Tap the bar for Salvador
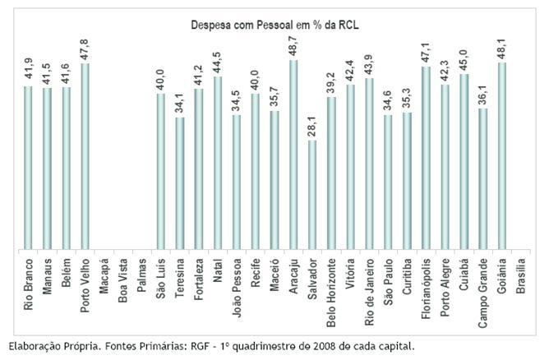pyautogui.click(x=312, y=195)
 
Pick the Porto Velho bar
pyautogui.click(x=85, y=156)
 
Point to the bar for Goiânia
pyautogui.click(x=501, y=156)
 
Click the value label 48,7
pyautogui.click(x=293, y=47)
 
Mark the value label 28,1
pyautogui.click(x=312, y=127)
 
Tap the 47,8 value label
pyautogui.click(x=85, y=49)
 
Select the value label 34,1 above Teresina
pyautogui.click(x=180, y=104)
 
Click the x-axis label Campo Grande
pyautogui.click(x=483, y=293)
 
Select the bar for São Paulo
pyautogui.click(x=388, y=182)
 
